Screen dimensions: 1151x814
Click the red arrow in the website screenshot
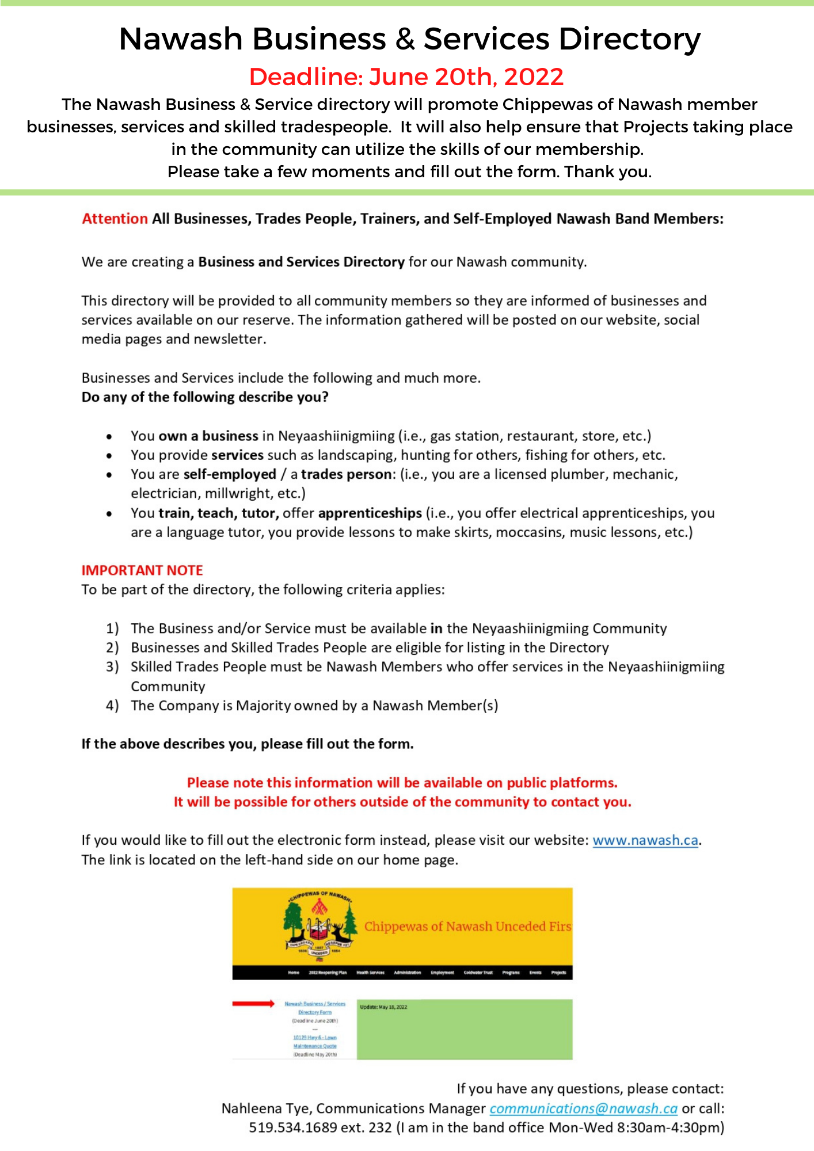point(253,1004)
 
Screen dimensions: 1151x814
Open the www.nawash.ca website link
point(645,840)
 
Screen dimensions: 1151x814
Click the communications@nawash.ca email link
point(583,1108)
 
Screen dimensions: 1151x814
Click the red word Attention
point(115,219)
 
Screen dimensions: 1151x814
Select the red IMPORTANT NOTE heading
point(142,570)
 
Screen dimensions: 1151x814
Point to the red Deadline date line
point(406,77)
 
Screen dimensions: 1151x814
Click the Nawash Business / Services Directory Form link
point(315,1008)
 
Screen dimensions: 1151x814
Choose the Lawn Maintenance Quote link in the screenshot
point(315,1042)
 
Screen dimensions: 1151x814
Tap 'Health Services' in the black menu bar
point(370,973)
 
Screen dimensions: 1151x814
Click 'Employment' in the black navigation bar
point(442,973)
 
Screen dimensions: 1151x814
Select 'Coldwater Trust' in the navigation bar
point(478,973)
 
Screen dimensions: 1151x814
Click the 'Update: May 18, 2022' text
point(383,1007)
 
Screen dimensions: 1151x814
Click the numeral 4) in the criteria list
point(112,706)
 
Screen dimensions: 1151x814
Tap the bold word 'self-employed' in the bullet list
point(230,474)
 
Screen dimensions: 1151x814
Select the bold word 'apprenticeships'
point(370,513)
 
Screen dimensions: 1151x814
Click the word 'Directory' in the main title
point(629,39)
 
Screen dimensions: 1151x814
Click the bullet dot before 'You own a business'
point(109,436)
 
